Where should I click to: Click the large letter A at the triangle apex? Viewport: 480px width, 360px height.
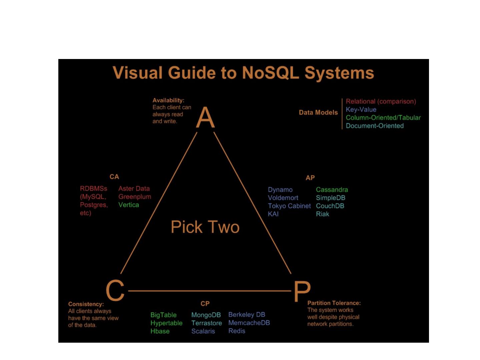click(x=205, y=117)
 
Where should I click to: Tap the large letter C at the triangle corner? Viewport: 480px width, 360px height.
click(x=115, y=290)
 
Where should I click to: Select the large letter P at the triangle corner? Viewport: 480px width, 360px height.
click(x=302, y=291)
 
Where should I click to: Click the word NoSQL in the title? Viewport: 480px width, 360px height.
click(x=270, y=73)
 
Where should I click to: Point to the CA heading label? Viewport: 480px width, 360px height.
click(x=114, y=177)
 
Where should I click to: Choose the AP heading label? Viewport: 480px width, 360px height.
click(x=310, y=178)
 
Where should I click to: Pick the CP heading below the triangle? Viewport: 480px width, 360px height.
click(x=205, y=304)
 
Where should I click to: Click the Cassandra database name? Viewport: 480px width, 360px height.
click(x=332, y=190)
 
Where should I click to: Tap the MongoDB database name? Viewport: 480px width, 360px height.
click(x=206, y=315)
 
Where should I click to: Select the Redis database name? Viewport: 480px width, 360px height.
click(x=237, y=331)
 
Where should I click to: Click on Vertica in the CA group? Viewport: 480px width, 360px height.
click(x=129, y=205)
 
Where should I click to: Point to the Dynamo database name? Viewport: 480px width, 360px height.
click(x=280, y=190)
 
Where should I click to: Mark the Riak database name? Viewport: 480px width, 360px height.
click(x=322, y=214)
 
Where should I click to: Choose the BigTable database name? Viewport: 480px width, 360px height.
click(x=163, y=315)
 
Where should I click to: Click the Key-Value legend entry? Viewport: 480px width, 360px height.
click(x=361, y=109)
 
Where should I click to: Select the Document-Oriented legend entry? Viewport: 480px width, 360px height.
click(x=375, y=126)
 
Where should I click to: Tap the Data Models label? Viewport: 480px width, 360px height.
click(x=318, y=113)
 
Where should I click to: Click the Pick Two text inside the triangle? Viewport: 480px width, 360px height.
click(x=205, y=227)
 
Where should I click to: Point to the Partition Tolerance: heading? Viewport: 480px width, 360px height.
click(x=334, y=303)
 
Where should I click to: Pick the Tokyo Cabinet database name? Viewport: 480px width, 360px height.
click(x=289, y=206)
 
